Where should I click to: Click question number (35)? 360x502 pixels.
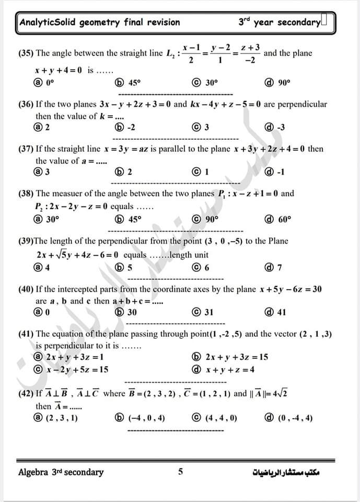click(x=26, y=53)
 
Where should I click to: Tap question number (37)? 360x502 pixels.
click(x=26, y=149)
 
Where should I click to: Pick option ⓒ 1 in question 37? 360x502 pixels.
click(x=201, y=172)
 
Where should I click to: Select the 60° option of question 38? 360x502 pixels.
click(x=278, y=220)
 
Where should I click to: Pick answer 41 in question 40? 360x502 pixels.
click(x=276, y=313)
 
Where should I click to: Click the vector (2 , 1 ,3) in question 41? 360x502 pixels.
click(x=313, y=334)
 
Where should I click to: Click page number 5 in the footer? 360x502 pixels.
click(x=180, y=472)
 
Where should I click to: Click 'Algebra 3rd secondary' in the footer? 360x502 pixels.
click(x=61, y=472)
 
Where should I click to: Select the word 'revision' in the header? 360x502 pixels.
click(x=161, y=22)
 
